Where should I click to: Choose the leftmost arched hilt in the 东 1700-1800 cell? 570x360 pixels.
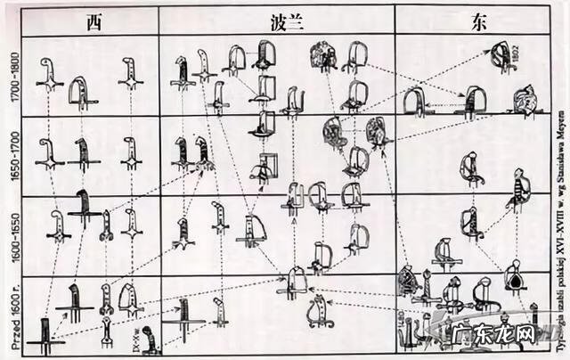tap(415, 102)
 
